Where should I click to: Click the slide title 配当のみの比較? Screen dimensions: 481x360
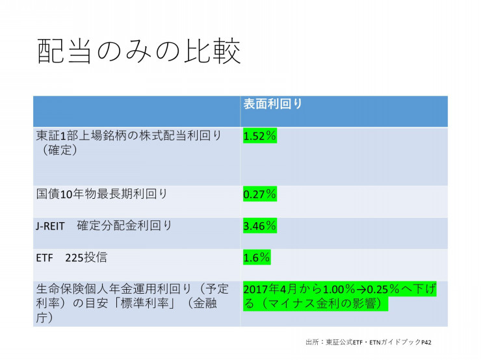[x=138, y=51]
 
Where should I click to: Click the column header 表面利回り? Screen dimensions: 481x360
[x=273, y=104]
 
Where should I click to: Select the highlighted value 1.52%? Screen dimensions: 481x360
[x=260, y=136]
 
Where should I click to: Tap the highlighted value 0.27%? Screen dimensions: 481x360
[x=260, y=194]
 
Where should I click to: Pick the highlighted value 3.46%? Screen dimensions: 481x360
[x=260, y=225]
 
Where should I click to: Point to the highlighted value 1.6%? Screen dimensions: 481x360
[x=257, y=257]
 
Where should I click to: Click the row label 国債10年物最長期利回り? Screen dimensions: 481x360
[x=101, y=194]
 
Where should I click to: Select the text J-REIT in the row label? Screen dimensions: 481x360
[x=50, y=226]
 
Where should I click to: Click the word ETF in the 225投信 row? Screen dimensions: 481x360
[x=44, y=258]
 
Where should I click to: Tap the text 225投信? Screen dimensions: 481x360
[x=86, y=257]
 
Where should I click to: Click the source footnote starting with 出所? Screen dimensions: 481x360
[x=369, y=342]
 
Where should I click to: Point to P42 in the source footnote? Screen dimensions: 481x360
[x=426, y=342]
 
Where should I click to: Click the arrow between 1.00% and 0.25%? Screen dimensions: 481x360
[x=361, y=289]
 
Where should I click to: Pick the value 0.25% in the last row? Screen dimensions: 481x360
[x=383, y=289]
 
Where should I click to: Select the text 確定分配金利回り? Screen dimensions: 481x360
[x=124, y=225]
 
